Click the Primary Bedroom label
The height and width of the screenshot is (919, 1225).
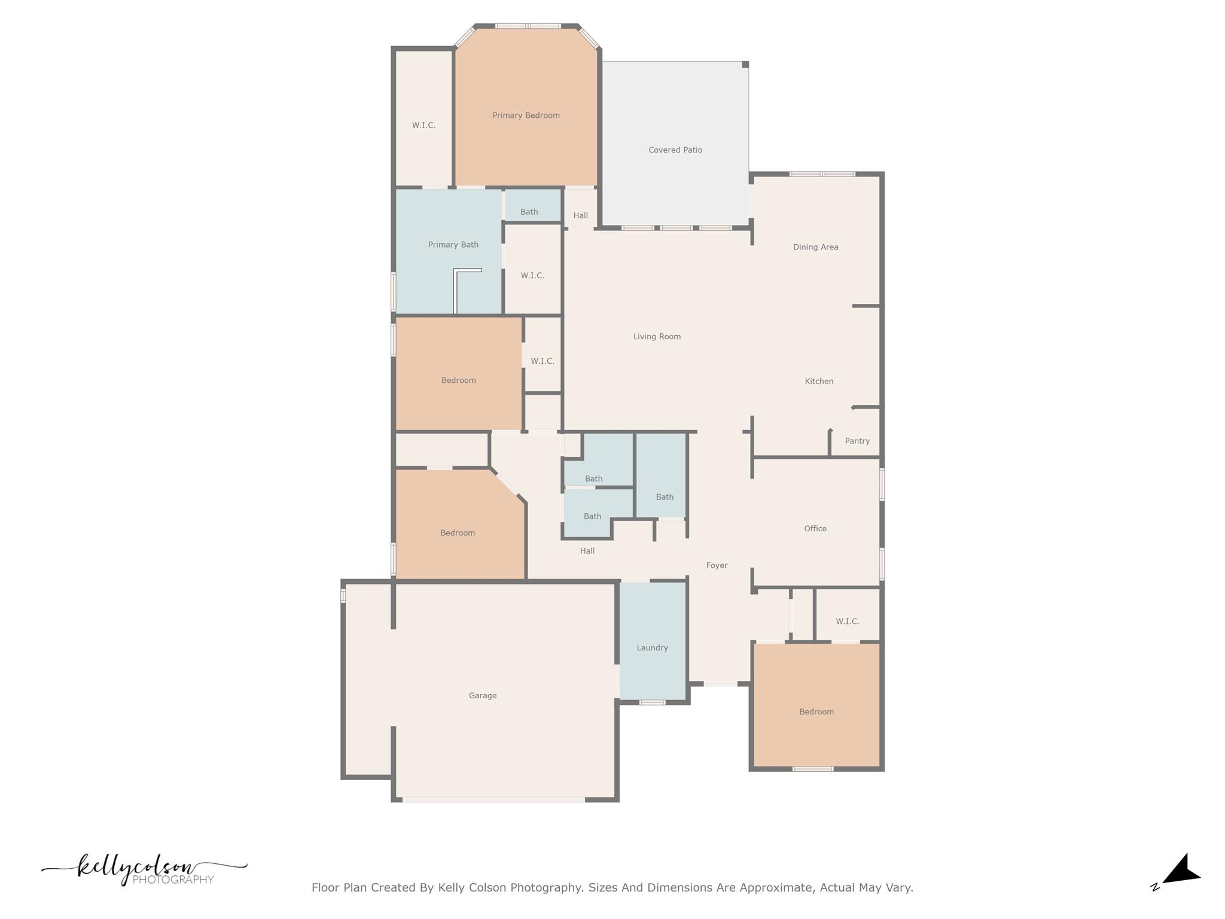click(526, 115)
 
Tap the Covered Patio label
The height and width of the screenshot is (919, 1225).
click(675, 150)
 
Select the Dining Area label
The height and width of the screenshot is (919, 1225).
click(815, 247)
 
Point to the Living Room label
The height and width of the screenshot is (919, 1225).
click(657, 337)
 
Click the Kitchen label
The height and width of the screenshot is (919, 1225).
click(819, 381)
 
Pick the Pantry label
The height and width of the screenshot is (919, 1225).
click(857, 441)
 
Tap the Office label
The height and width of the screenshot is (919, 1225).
click(815, 528)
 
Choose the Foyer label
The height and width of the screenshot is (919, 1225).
click(717, 565)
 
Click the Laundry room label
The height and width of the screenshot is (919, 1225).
click(652, 648)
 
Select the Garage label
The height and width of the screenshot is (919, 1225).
click(483, 696)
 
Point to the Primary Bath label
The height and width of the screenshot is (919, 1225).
click(453, 245)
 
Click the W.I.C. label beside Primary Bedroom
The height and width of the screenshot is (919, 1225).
click(423, 126)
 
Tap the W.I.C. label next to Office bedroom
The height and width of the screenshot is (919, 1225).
click(848, 622)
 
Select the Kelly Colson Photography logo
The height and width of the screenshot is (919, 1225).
click(144, 869)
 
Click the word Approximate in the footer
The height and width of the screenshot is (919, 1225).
click(776, 887)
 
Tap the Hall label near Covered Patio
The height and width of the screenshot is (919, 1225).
click(581, 215)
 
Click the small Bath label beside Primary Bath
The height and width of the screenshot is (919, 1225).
click(529, 212)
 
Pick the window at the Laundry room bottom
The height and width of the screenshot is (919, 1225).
click(652, 702)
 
